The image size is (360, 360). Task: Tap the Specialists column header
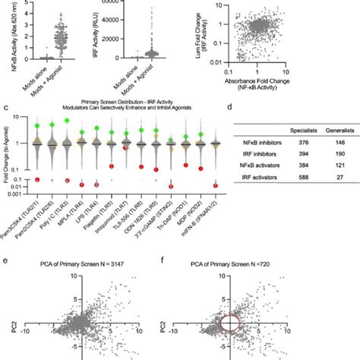tap(292, 131)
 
